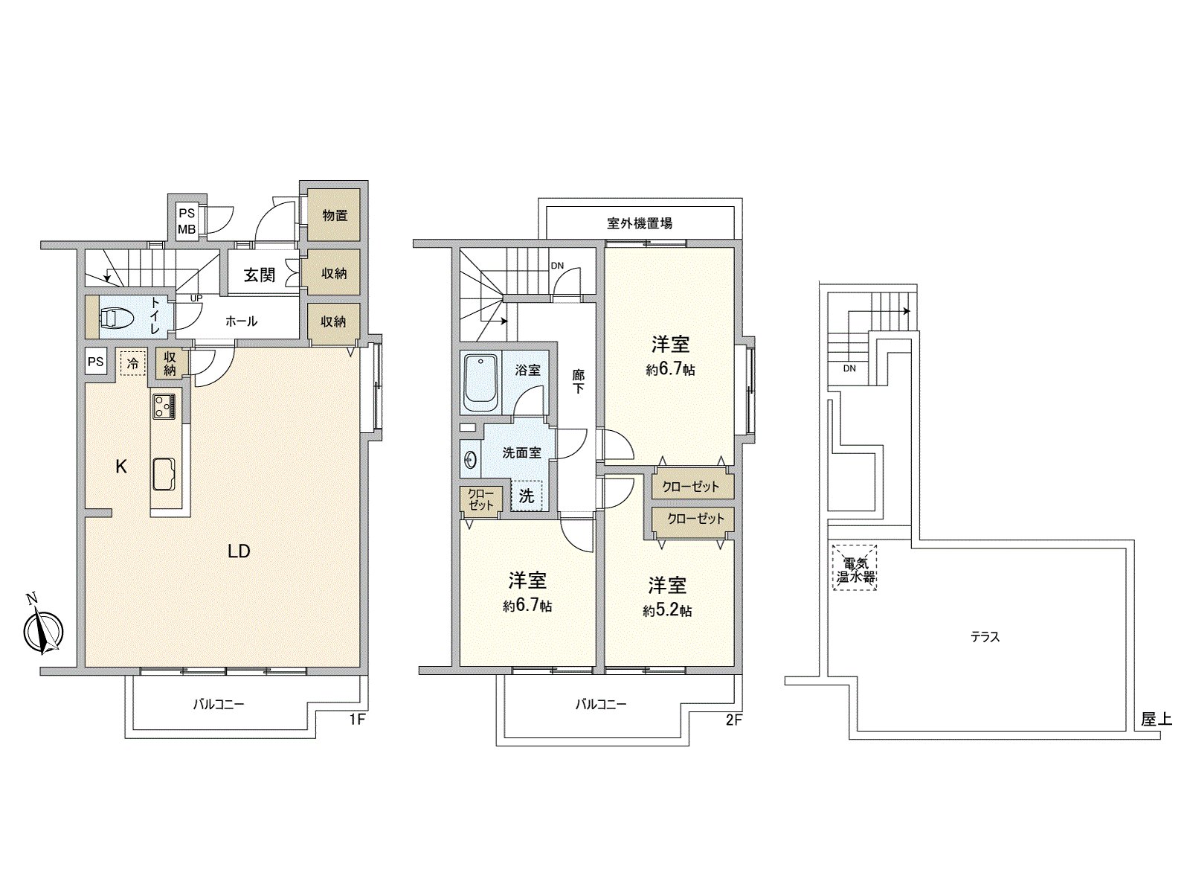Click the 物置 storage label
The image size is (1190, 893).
click(x=335, y=215)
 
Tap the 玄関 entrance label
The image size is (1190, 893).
click(x=259, y=275)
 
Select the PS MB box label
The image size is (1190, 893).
click(x=187, y=221)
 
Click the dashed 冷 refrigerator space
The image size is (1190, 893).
click(x=133, y=363)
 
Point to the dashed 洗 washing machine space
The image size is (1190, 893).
click(x=527, y=496)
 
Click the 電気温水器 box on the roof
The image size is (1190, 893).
click(x=855, y=568)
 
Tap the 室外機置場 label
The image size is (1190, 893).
click(x=640, y=223)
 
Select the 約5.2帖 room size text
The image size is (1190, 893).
click(x=667, y=611)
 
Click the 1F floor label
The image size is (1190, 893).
click(x=357, y=720)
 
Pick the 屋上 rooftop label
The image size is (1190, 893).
click(x=1157, y=720)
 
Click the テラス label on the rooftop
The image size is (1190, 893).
click(x=985, y=637)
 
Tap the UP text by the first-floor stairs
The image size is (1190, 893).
click(x=196, y=298)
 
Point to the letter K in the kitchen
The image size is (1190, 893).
click(x=121, y=467)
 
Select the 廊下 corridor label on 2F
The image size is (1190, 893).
click(x=578, y=381)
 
